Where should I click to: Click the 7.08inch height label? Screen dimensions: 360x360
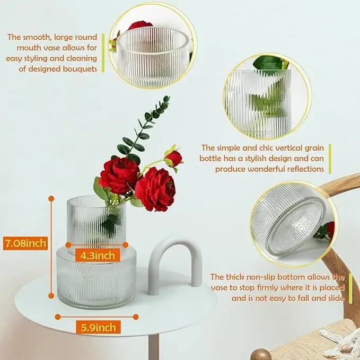[25, 243]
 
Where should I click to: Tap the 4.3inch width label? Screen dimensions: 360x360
[98, 256]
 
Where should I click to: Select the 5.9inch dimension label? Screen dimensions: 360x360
[98, 327]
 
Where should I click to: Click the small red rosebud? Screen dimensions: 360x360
[173, 159]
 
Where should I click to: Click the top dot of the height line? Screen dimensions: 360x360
[51, 199]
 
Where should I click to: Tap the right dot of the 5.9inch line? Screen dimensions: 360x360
[136, 317]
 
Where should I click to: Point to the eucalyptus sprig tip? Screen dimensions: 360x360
[167, 98]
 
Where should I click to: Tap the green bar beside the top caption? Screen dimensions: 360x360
[103, 53]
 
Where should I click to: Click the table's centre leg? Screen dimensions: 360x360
[154, 347]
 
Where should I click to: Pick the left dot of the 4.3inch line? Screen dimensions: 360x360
[68, 245]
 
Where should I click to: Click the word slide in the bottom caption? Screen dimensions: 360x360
[336, 298]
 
